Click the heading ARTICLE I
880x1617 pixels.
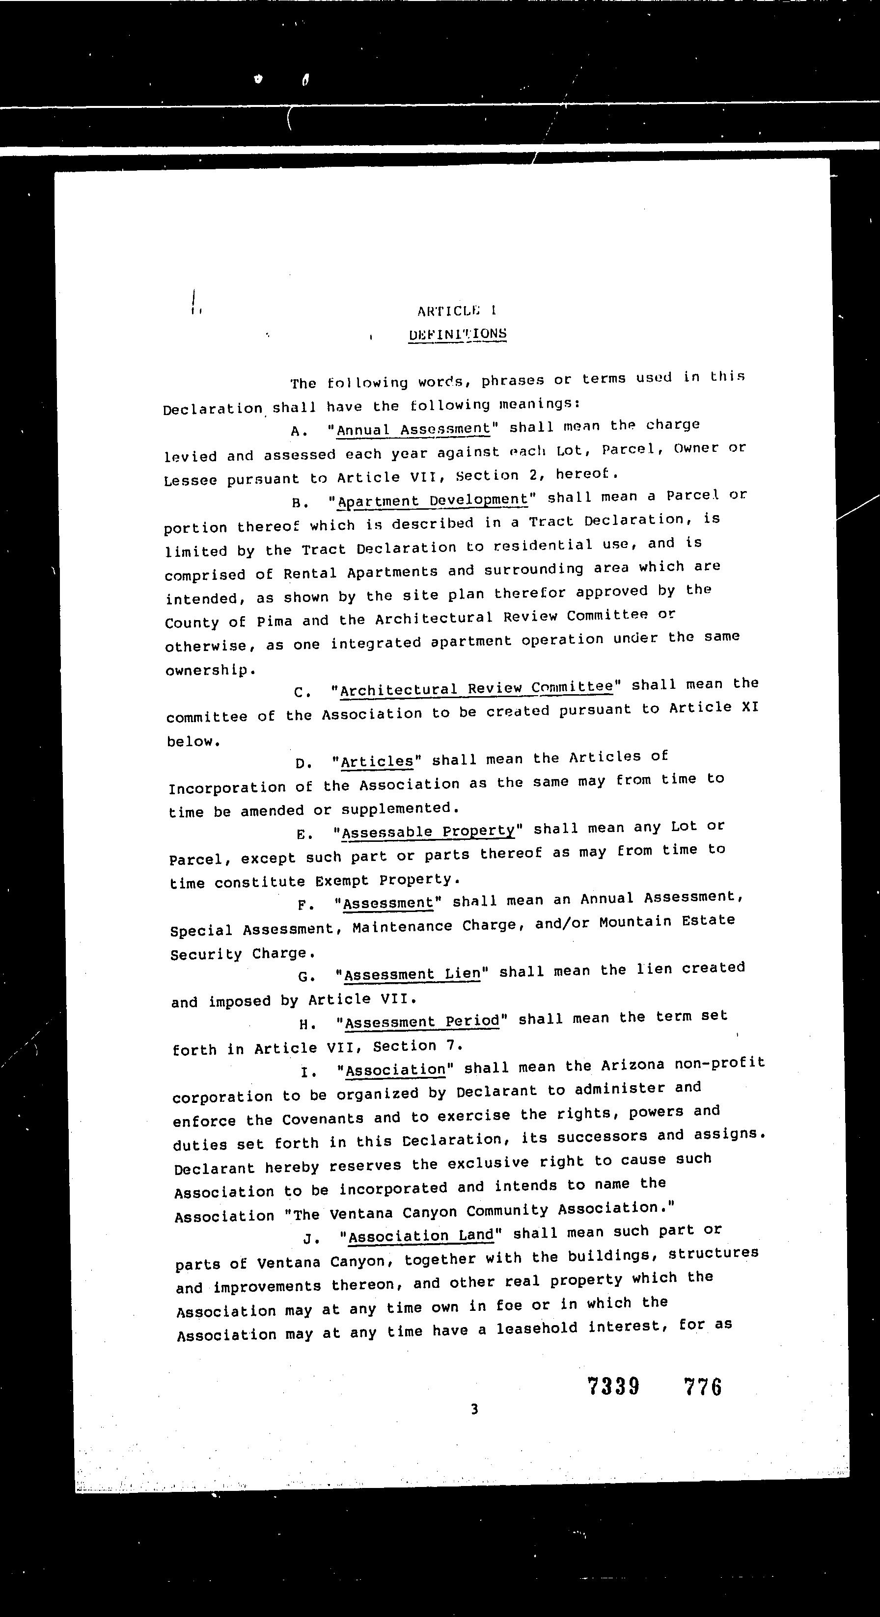pos(457,311)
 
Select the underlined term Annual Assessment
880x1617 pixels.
pos(413,429)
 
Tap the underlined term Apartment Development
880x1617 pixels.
pos(433,500)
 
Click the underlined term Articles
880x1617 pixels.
pos(377,761)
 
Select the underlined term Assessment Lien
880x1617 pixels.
pos(412,974)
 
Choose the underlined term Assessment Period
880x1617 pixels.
pos(422,1021)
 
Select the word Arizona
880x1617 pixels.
pos(632,1066)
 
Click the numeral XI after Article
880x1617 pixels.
pos(750,707)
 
